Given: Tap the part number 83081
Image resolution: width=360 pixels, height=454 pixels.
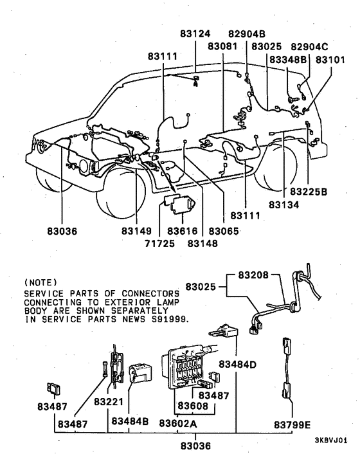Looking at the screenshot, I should pyautogui.click(x=223, y=47).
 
